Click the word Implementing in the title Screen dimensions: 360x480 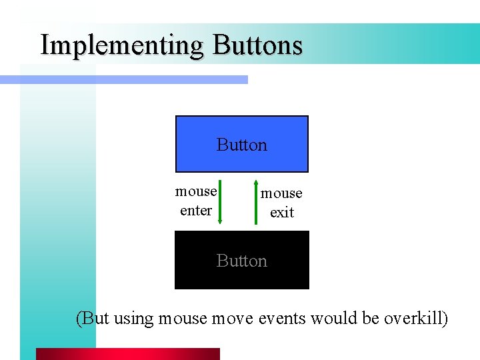click(x=122, y=45)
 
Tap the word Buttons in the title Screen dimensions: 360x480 click(x=257, y=45)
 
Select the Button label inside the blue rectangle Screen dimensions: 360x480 click(x=241, y=145)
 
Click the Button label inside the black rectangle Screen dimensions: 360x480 click(x=241, y=261)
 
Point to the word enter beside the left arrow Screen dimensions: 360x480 click(x=196, y=211)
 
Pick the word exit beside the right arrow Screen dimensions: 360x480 click(x=281, y=213)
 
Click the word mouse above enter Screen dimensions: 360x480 click(x=196, y=191)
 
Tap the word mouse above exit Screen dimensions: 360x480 click(x=281, y=193)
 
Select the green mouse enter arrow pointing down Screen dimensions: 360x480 click(x=220, y=201)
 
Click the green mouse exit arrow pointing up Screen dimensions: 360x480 click(x=256, y=201)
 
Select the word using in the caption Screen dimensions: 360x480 click(x=133, y=319)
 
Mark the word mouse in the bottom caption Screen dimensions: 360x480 click(x=183, y=319)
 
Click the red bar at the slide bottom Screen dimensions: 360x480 click(x=127, y=353)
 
